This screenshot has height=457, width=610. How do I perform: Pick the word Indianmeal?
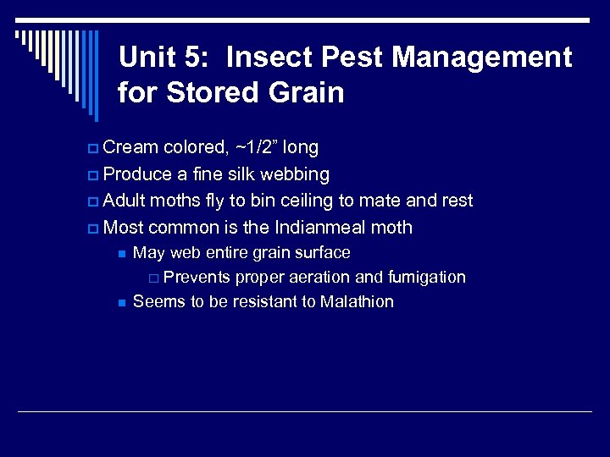click(x=323, y=227)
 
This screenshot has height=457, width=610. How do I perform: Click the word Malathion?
click(x=357, y=301)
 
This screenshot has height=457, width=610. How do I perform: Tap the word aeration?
click(x=322, y=278)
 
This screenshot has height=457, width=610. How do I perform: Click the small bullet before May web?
click(x=122, y=253)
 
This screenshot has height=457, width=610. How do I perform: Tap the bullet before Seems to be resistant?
click(x=122, y=302)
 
